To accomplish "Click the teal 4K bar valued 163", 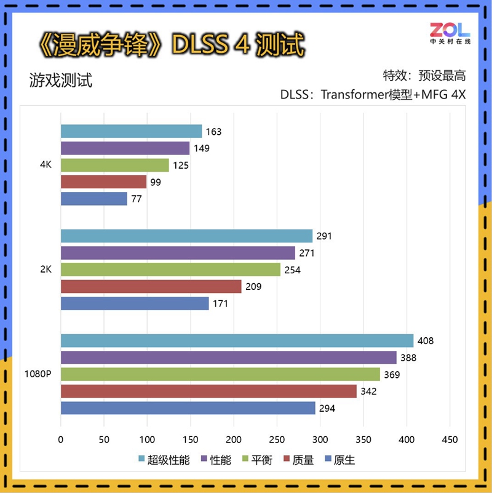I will tap(131, 131).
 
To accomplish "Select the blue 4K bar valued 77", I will tap(93, 199).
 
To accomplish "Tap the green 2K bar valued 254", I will tap(170, 270).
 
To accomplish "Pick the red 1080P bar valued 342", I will tap(208, 391).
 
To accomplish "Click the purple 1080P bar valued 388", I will tap(228, 358).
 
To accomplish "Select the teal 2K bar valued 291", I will tap(186, 236).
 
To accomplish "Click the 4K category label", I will tap(45, 165).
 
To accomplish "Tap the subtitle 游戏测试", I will tap(60, 81).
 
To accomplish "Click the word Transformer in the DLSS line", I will tap(354, 95).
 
